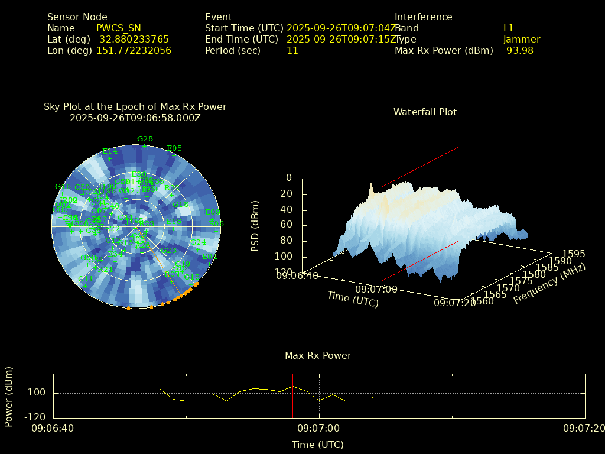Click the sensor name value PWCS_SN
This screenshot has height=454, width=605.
tap(119, 28)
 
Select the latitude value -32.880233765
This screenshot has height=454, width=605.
tap(132, 39)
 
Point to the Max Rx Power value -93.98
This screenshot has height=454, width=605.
tap(518, 50)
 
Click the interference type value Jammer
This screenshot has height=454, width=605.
tap(522, 39)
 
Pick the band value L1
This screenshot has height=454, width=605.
tap(509, 28)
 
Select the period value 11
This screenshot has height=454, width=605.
tap(292, 50)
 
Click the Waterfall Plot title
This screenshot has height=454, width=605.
tap(425, 112)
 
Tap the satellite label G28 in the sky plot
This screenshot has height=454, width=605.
tap(145, 139)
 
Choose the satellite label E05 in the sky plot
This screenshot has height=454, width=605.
tap(174, 148)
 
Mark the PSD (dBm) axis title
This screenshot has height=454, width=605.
tap(255, 226)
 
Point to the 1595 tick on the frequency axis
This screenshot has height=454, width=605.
tap(574, 254)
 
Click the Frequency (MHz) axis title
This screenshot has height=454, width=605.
tap(549, 284)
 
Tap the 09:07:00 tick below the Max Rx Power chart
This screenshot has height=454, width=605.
tap(318, 427)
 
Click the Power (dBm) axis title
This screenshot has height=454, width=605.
tap(9, 396)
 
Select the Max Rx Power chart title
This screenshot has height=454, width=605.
tap(318, 355)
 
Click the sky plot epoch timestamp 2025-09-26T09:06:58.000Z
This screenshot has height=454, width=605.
tap(135, 118)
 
